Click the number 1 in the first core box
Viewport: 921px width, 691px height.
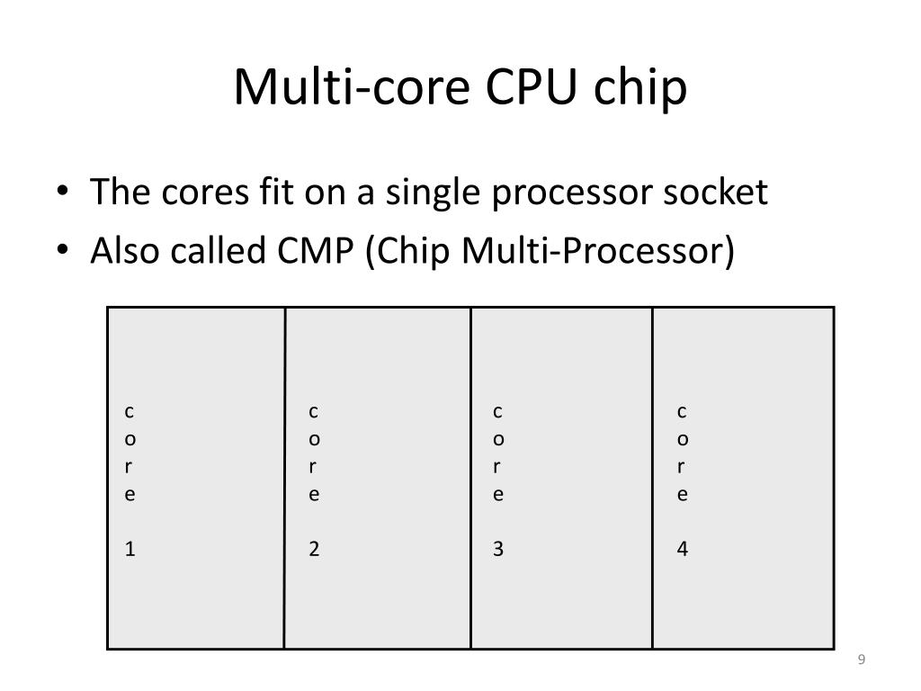(130, 549)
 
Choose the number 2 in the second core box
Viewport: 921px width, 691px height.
(315, 549)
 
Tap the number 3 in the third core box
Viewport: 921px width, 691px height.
(498, 549)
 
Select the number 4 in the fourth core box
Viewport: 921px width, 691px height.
(683, 549)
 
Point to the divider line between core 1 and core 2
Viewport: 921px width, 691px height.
(285, 477)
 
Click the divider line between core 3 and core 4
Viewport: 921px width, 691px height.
(652, 477)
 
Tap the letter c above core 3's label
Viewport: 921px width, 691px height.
(498, 412)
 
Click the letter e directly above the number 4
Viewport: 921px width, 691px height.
(683, 494)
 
